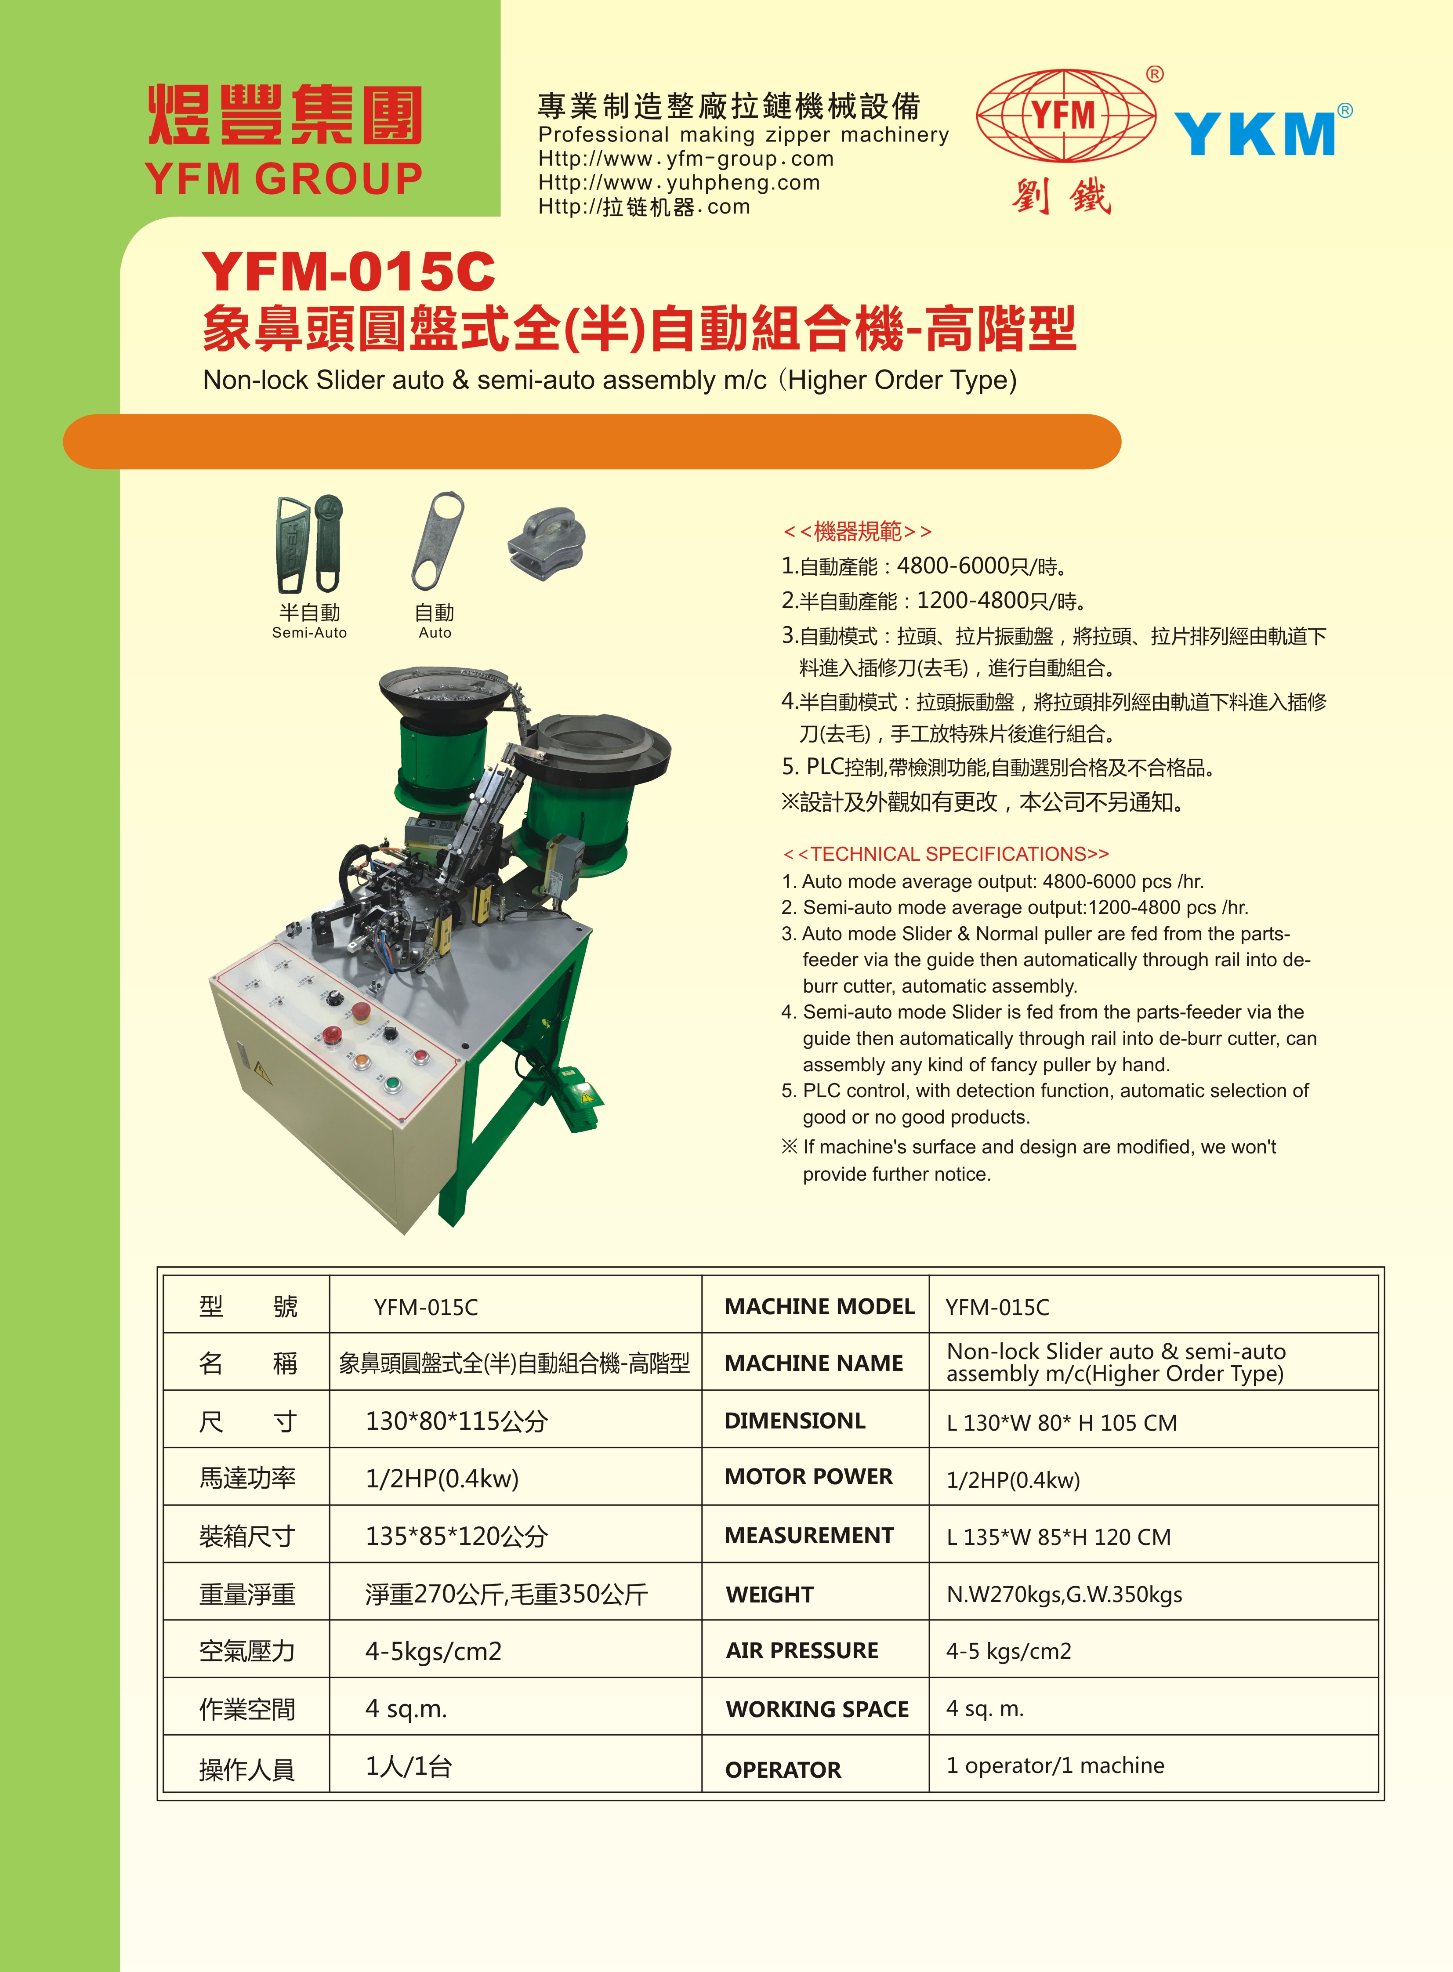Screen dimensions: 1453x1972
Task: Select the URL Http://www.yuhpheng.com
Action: click(679, 183)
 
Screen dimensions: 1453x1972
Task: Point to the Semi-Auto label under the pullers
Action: click(310, 632)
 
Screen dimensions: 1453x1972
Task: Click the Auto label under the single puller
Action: click(435, 632)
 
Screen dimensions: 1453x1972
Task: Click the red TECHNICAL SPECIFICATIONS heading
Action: click(946, 854)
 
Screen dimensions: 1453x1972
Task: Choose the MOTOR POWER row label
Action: click(808, 1478)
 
